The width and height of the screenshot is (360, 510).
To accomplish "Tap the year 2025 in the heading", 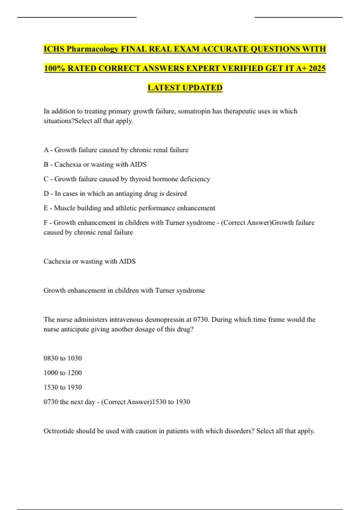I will pos(317,68).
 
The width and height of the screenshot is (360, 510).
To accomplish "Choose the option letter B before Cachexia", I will pos(46,164).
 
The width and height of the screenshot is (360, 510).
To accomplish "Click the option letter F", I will pos(46,223).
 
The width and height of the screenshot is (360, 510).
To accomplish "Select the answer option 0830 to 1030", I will pos(63,358).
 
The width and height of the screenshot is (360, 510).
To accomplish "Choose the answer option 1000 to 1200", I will pos(63,373).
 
